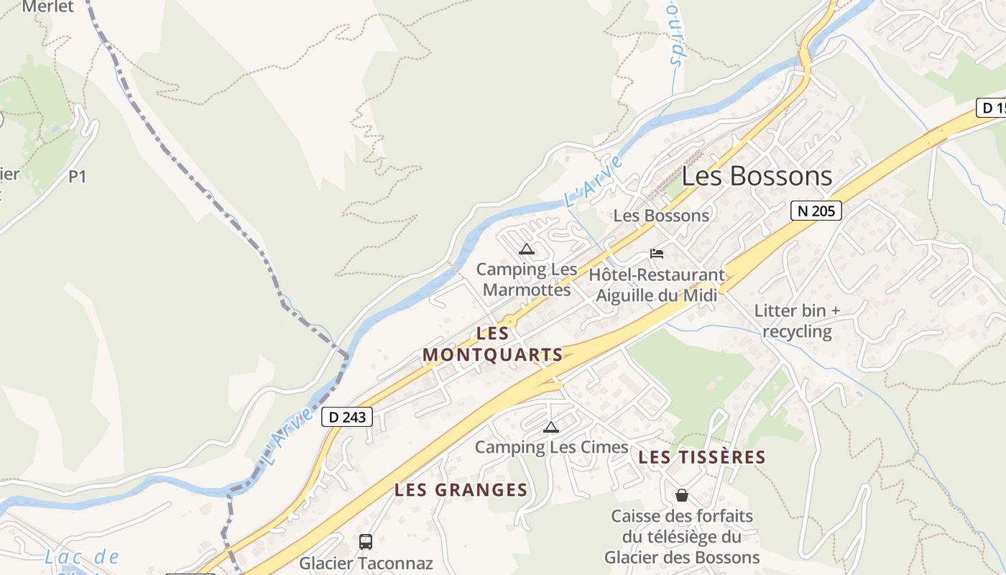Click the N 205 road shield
[x=816, y=211]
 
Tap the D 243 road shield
[x=347, y=417]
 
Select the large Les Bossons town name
[x=757, y=176]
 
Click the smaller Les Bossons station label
[x=660, y=216]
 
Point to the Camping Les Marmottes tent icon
[x=526, y=249]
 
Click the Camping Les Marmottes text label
[x=527, y=280]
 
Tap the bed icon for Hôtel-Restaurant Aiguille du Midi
[x=656, y=253]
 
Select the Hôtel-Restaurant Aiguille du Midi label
[x=657, y=285]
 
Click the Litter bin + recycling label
[x=797, y=321]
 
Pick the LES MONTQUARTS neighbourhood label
[x=493, y=344]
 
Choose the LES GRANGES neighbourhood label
[x=461, y=490]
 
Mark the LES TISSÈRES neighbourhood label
[x=702, y=457]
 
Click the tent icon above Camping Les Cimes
[x=550, y=427]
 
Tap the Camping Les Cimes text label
[x=551, y=447]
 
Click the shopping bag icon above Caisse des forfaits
[x=681, y=495]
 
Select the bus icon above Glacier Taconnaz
[x=365, y=541]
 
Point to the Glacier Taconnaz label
[x=366, y=563]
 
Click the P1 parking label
[x=77, y=176]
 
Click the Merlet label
[x=48, y=6]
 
